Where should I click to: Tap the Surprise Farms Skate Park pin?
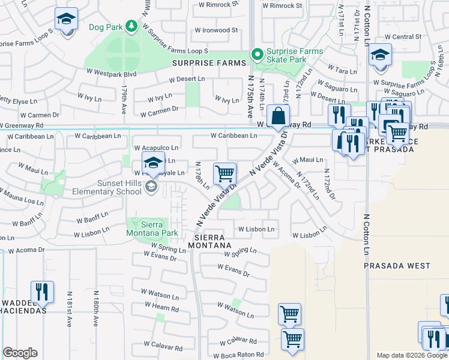(x=258, y=55)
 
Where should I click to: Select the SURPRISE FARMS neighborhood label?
(x=209, y=63)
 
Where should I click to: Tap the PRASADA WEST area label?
(x=397, y=265)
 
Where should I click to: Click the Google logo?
(x=20, y=353)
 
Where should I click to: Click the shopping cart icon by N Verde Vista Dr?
(x=224, y=173)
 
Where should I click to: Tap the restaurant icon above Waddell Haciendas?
(x=42, y=292)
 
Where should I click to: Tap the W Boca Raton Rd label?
(x=238, y=355)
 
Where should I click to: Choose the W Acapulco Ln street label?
(x=156, y=148)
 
